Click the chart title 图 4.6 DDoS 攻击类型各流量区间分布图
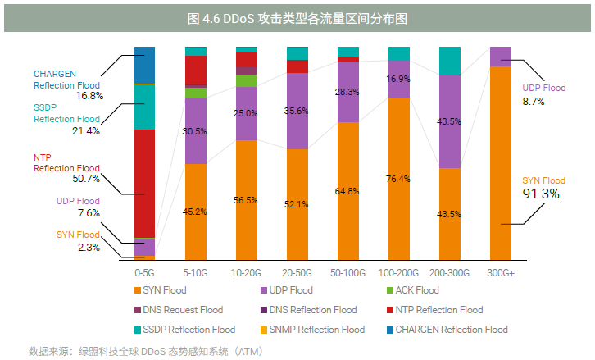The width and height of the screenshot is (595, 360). point(297,17)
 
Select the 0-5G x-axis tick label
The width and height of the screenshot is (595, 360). point(144,272)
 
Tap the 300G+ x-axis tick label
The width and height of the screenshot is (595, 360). point(500,272)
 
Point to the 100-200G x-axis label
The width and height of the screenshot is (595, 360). point(398,272)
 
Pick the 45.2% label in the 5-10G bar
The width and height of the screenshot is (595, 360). point(195,212)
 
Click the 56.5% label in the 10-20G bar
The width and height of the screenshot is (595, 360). point(246,200)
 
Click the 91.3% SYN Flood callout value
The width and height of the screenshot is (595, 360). point(541,194)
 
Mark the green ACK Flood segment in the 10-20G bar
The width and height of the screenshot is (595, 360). point(246,80)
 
